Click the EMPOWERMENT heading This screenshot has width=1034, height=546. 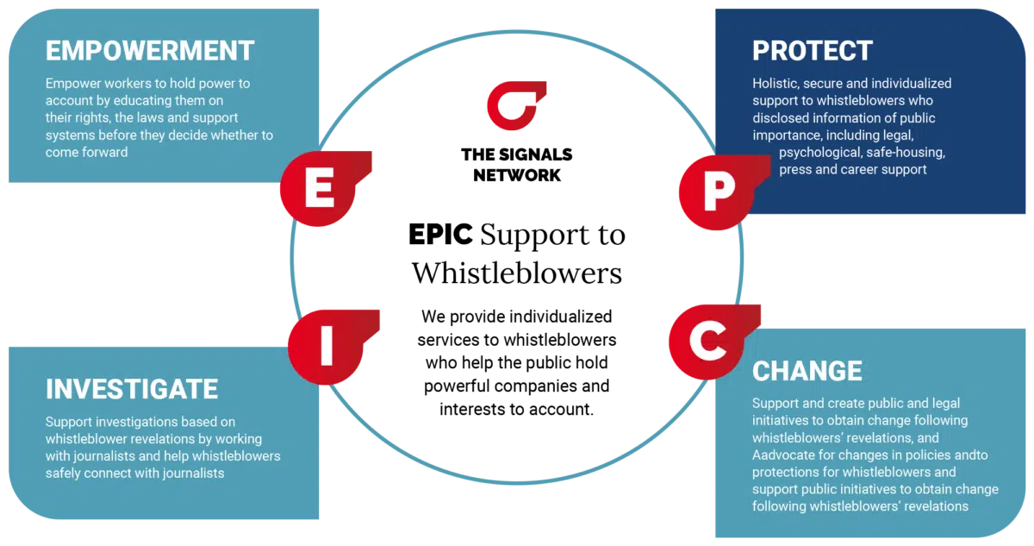(x=150, y=50)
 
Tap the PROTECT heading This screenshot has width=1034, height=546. (x=812, y=50)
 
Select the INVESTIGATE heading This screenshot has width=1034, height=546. (x=131, y=388)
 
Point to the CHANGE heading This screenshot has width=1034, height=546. (x=807, y=370)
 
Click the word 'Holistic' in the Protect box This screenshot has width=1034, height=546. (x=774, y=84)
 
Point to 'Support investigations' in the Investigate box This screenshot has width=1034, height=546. (x=111, y=422)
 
